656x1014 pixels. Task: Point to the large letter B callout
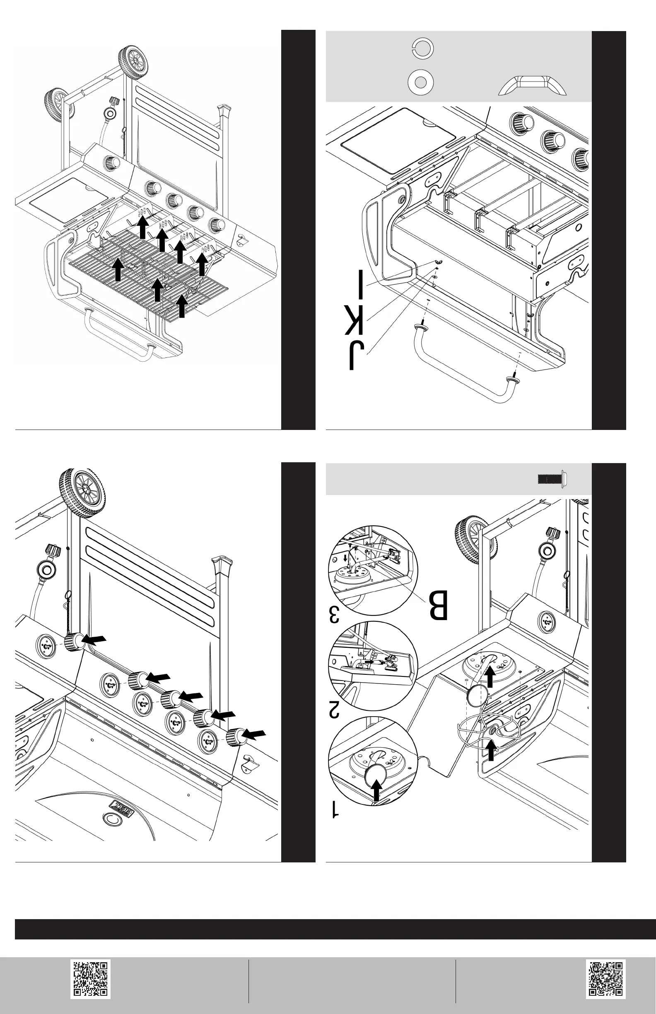pos(438,605)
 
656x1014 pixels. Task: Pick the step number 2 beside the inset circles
pos(333,710)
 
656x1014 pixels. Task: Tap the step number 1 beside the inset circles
pos(335,809)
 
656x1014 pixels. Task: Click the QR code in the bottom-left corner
pos(90,979)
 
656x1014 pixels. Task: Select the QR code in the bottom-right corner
pos(605,979)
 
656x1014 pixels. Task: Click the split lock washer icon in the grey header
pos(422,48)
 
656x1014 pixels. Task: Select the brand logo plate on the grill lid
pos(121,807)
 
